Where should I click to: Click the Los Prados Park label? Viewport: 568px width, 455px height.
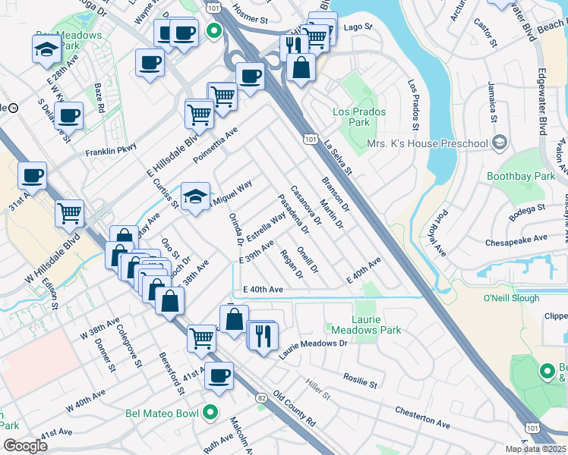click(360, 117)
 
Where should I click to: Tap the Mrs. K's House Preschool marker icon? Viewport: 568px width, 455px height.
click(500, 143)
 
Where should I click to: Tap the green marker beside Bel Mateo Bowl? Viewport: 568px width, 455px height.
click(211, 413)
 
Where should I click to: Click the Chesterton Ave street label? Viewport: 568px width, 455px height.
click(423, 416)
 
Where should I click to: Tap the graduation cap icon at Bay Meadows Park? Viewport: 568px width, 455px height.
click(46, 49)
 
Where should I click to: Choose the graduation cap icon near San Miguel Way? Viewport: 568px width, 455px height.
click(195, 197)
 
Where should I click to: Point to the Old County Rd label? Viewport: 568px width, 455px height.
click(295, 409)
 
